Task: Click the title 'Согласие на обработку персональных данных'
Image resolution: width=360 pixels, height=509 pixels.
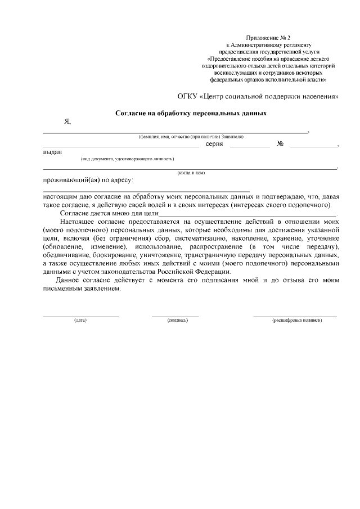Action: (191, 112)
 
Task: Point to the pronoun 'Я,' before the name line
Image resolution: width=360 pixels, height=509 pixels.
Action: (67, 122)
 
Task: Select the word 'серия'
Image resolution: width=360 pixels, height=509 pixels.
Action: (214, 145)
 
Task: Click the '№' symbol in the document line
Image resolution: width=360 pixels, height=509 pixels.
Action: (280, 145)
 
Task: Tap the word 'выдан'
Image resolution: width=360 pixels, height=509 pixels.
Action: (53, 152)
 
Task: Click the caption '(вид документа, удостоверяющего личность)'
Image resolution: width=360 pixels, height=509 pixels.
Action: (127, 159)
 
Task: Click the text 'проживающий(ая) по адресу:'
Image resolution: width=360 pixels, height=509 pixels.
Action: (88, 181)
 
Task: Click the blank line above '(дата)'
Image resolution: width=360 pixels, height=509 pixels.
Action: (81, 316)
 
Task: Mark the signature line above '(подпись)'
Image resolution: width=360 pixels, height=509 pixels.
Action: (175, 316)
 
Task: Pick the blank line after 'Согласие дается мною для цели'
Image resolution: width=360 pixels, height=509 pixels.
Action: (247, 215)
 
